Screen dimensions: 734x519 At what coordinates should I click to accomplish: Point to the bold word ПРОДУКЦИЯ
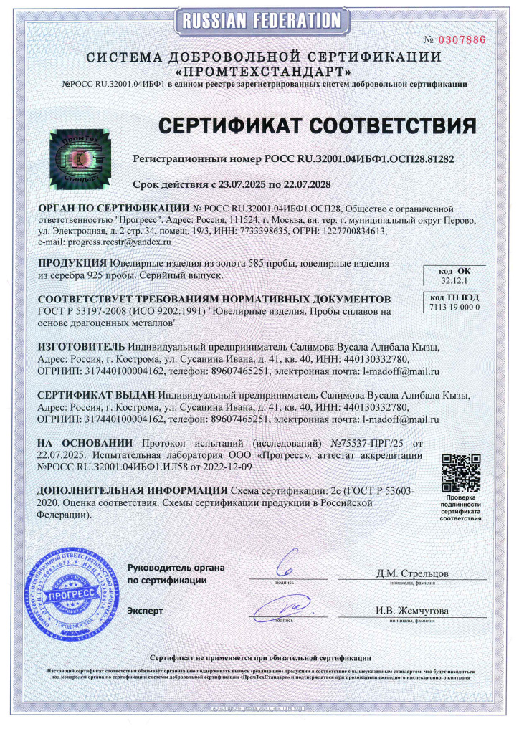pyautogui.click(x=73, y=263)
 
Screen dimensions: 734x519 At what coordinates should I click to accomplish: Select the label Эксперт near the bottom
pyautogui.click(x=145, y=611)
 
